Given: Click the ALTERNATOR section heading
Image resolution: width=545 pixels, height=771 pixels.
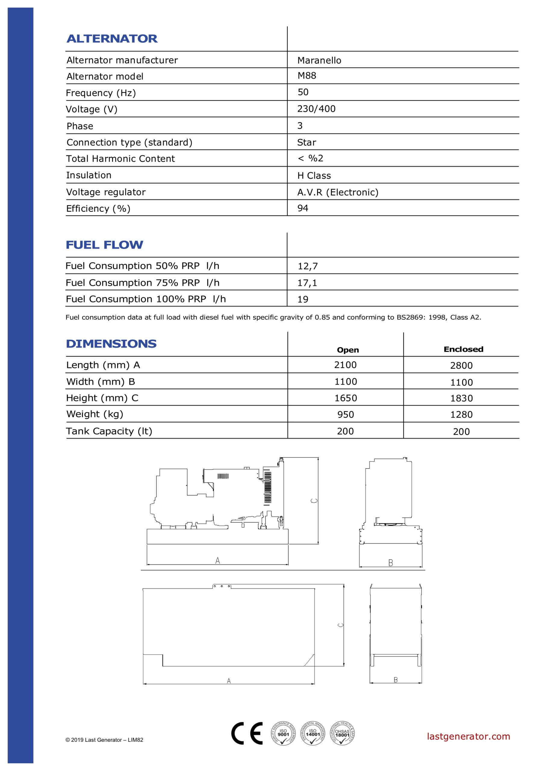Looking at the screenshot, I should tap(112, 39).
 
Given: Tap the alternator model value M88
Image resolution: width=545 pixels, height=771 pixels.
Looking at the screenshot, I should tap(307, 76).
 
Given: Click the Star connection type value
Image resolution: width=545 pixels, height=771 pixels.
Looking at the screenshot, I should tap(306, 142).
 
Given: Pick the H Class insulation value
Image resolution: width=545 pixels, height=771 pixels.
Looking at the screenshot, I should tap(314, 176).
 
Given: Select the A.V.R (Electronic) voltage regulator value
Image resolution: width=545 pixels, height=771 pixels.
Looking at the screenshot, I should tap(338, 192).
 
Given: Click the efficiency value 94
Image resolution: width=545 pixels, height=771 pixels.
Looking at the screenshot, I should tap(303, 208).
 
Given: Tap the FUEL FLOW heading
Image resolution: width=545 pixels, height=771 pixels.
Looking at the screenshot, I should tap(104, 245).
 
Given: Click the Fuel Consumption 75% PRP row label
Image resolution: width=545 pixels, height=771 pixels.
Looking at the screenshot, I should tap(142, 283).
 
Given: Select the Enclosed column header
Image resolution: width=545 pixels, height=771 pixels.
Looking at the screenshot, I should tap(463, 349).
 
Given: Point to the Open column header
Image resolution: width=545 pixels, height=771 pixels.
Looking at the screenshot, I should tap(347, 350).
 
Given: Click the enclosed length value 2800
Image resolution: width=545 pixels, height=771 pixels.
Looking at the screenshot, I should tap(461, 365).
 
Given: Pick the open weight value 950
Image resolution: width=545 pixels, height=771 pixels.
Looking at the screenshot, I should tap(346, 414).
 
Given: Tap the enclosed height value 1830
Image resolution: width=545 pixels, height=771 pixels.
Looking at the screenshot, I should tap(461, 398).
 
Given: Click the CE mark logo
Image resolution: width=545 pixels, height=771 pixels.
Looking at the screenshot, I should tap(247, 733).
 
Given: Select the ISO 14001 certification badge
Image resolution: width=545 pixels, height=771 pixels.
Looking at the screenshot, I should tap(312, 733).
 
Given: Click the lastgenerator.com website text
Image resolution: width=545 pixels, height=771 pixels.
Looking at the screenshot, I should tap(468, 736).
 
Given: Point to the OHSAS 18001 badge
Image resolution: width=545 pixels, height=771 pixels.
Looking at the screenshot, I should tap(342, 733).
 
